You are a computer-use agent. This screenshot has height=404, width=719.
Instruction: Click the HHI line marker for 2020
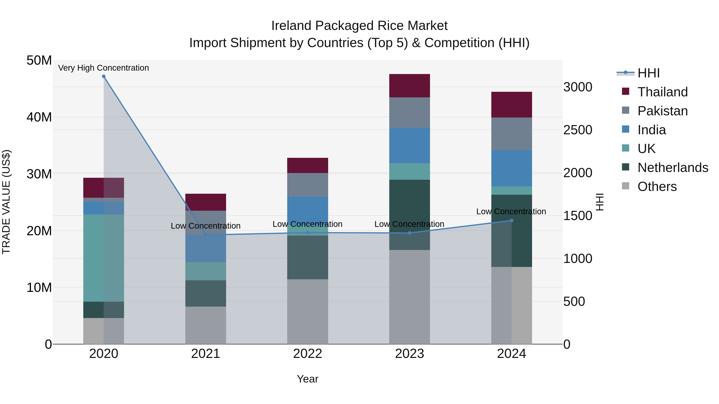[103, 76]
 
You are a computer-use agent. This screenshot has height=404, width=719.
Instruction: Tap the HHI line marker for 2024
[511, 220]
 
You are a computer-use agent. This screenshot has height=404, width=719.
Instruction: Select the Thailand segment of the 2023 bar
[409, 86]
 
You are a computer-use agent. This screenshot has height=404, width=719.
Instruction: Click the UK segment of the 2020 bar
[103, 258]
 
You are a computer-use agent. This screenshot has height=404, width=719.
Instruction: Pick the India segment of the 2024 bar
[511, 168]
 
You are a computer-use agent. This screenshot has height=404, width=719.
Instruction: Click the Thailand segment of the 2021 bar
[206, 202]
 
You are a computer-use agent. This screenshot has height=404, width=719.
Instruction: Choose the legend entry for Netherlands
[673, 168]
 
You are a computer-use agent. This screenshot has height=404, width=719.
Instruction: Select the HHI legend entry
[648, 73]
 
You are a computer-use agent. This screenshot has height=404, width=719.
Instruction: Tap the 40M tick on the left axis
[39, 117]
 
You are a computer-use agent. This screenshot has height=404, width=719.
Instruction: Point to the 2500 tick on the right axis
[577, 130]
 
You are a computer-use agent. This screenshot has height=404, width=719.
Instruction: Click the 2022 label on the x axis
[308, 354]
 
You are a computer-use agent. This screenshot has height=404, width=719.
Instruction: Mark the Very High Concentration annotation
[103, 68]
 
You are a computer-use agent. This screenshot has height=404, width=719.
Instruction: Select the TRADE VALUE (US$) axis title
[6, 202]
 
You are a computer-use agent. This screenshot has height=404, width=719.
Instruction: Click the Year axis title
[308, 379]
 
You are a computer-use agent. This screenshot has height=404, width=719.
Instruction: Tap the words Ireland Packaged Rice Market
[359, 26]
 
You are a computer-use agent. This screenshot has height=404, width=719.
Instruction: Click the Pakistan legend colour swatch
[626, 110]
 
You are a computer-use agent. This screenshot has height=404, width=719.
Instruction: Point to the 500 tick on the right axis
[574, 301]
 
